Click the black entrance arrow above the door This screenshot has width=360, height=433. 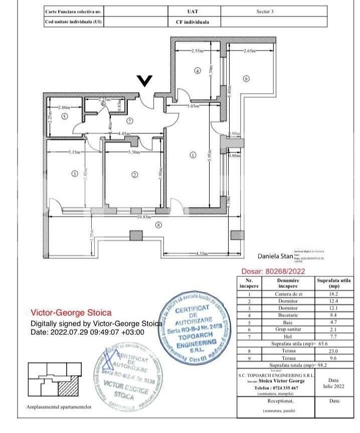pyautogui.click(x=145, y=81)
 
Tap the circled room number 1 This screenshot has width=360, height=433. pyautogui.click(x=193, y=155)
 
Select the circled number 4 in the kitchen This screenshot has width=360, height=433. pyautogui.click(x=197, y=71)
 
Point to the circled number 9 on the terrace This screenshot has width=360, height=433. pyautogui.click(x=246, y=78)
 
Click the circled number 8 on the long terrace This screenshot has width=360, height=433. pyautogui.click(x=158, y=225)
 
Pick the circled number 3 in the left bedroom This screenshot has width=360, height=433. pyautogui.click(x=74, y=174)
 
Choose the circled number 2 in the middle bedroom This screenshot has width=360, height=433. pyautogui.click(x=134, y=175)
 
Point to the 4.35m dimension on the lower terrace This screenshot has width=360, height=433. pyautogui.click(x=202, y=253)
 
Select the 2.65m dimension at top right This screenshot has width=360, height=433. pyautogui.click(x=250, y=51)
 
